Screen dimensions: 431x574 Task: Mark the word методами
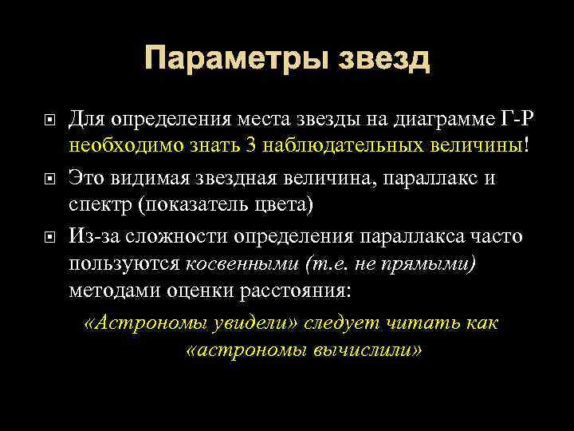click(111, 291)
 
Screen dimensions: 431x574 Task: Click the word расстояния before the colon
click(292, 291)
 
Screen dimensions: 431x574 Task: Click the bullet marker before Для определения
click(49, 121)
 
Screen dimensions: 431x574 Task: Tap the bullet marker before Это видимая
click(49, 178)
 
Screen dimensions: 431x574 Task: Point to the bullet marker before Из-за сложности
click(49, 235)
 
